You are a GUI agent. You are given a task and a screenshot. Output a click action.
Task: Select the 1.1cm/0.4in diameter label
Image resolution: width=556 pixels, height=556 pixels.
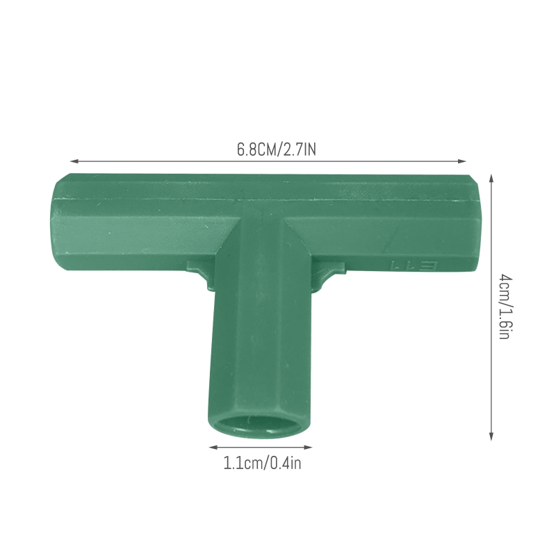(x=263, y=463)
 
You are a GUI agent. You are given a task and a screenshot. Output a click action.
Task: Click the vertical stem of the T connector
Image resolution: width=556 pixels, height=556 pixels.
(x=259, y=347)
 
